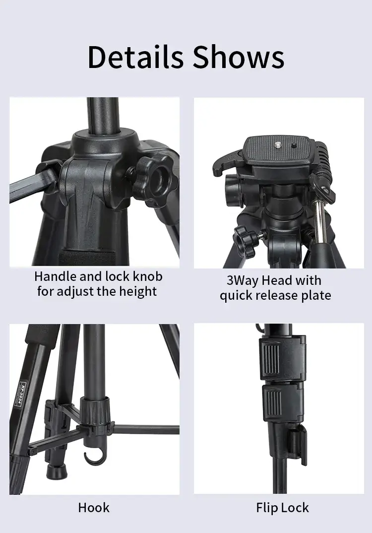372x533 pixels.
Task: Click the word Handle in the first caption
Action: point(55,276)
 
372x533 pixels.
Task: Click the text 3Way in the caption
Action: point(243,280)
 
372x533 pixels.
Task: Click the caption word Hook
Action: point(94,508)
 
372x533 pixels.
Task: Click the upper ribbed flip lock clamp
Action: point(281,358)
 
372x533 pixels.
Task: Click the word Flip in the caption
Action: point(267,508)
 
